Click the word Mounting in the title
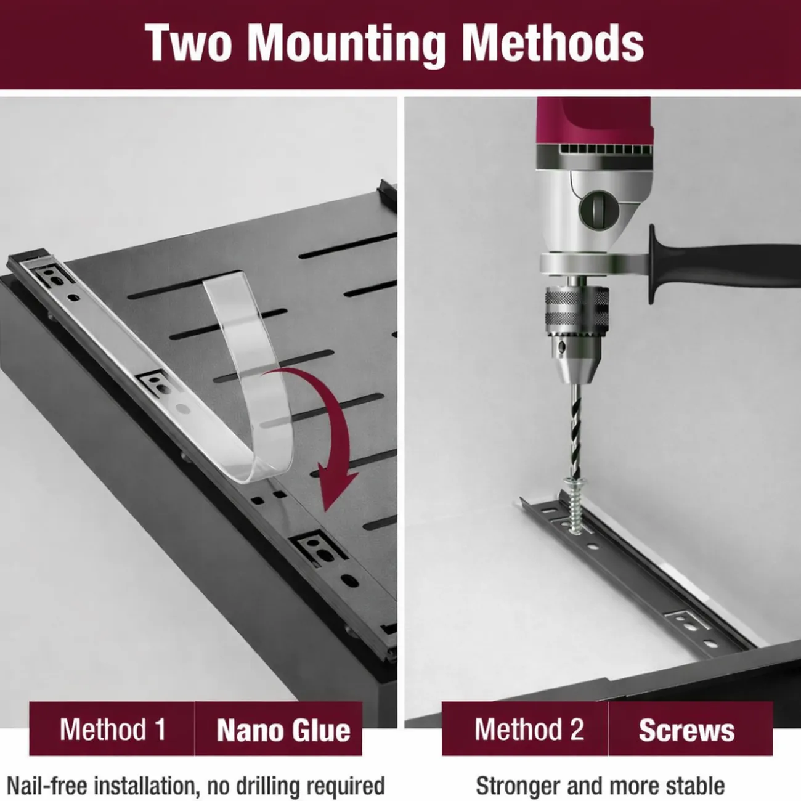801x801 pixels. coord(347,44)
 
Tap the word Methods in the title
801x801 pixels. coord(553,43)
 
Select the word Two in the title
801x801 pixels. coord(189,43)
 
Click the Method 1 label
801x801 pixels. coord(113,730)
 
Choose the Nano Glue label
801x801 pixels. coord(283,730)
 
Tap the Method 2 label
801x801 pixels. coord(529,730)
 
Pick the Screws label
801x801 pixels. coord(686,730)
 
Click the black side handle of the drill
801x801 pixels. coord(723,264)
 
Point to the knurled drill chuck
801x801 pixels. coord(577,307)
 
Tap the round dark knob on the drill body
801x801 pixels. coord(598,211)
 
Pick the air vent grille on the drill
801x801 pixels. coord(606,149)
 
